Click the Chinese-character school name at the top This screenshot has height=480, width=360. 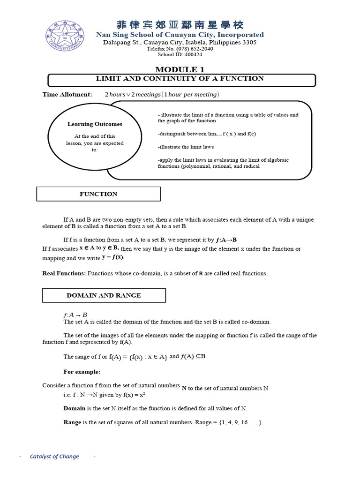(x=180, y=25)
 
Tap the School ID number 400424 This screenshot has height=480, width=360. (x=189, y=54)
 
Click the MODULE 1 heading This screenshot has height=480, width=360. (x=180, y=69)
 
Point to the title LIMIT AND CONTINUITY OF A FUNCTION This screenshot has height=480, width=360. (x=180, y=79)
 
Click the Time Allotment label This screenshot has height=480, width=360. (x=67, y=95)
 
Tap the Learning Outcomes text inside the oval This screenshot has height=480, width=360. (x=95, y=124)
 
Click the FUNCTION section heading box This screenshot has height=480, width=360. (x=98, y=194)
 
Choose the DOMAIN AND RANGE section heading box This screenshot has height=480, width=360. (x=104, y=295)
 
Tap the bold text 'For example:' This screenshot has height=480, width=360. (x=82, y=372)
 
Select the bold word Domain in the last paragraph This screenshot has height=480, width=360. (x=75, y=408)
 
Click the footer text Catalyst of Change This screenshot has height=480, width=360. (x=54, y=457)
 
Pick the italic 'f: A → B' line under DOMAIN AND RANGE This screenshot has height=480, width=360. (x=75, y=315)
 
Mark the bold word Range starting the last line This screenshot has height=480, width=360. (x=72, y=422)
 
